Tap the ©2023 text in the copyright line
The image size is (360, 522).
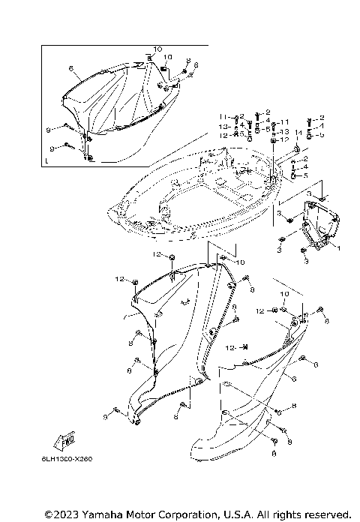tap(61, 514)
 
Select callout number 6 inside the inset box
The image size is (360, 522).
tap(70, 68)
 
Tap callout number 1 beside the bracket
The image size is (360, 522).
tap(338, 248)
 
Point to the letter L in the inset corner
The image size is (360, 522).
tap(46, 160)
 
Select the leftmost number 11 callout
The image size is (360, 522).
tap(223, 117)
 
